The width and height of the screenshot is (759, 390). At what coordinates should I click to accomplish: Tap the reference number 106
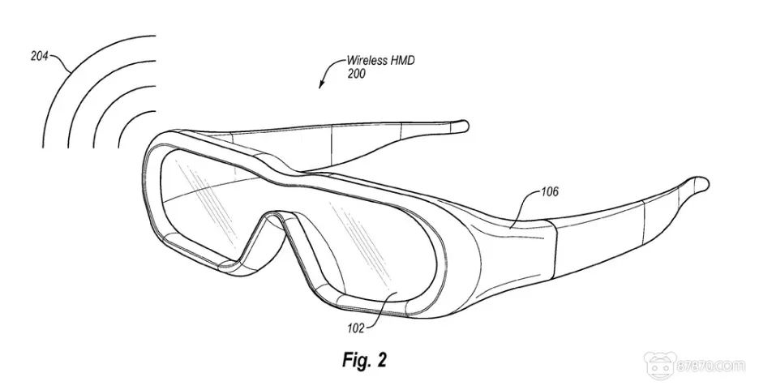coord(549,192)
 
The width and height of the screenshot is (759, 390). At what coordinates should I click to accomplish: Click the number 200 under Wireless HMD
coord(357,74)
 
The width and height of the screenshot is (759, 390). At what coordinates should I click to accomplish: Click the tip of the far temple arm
coord(461,125)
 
